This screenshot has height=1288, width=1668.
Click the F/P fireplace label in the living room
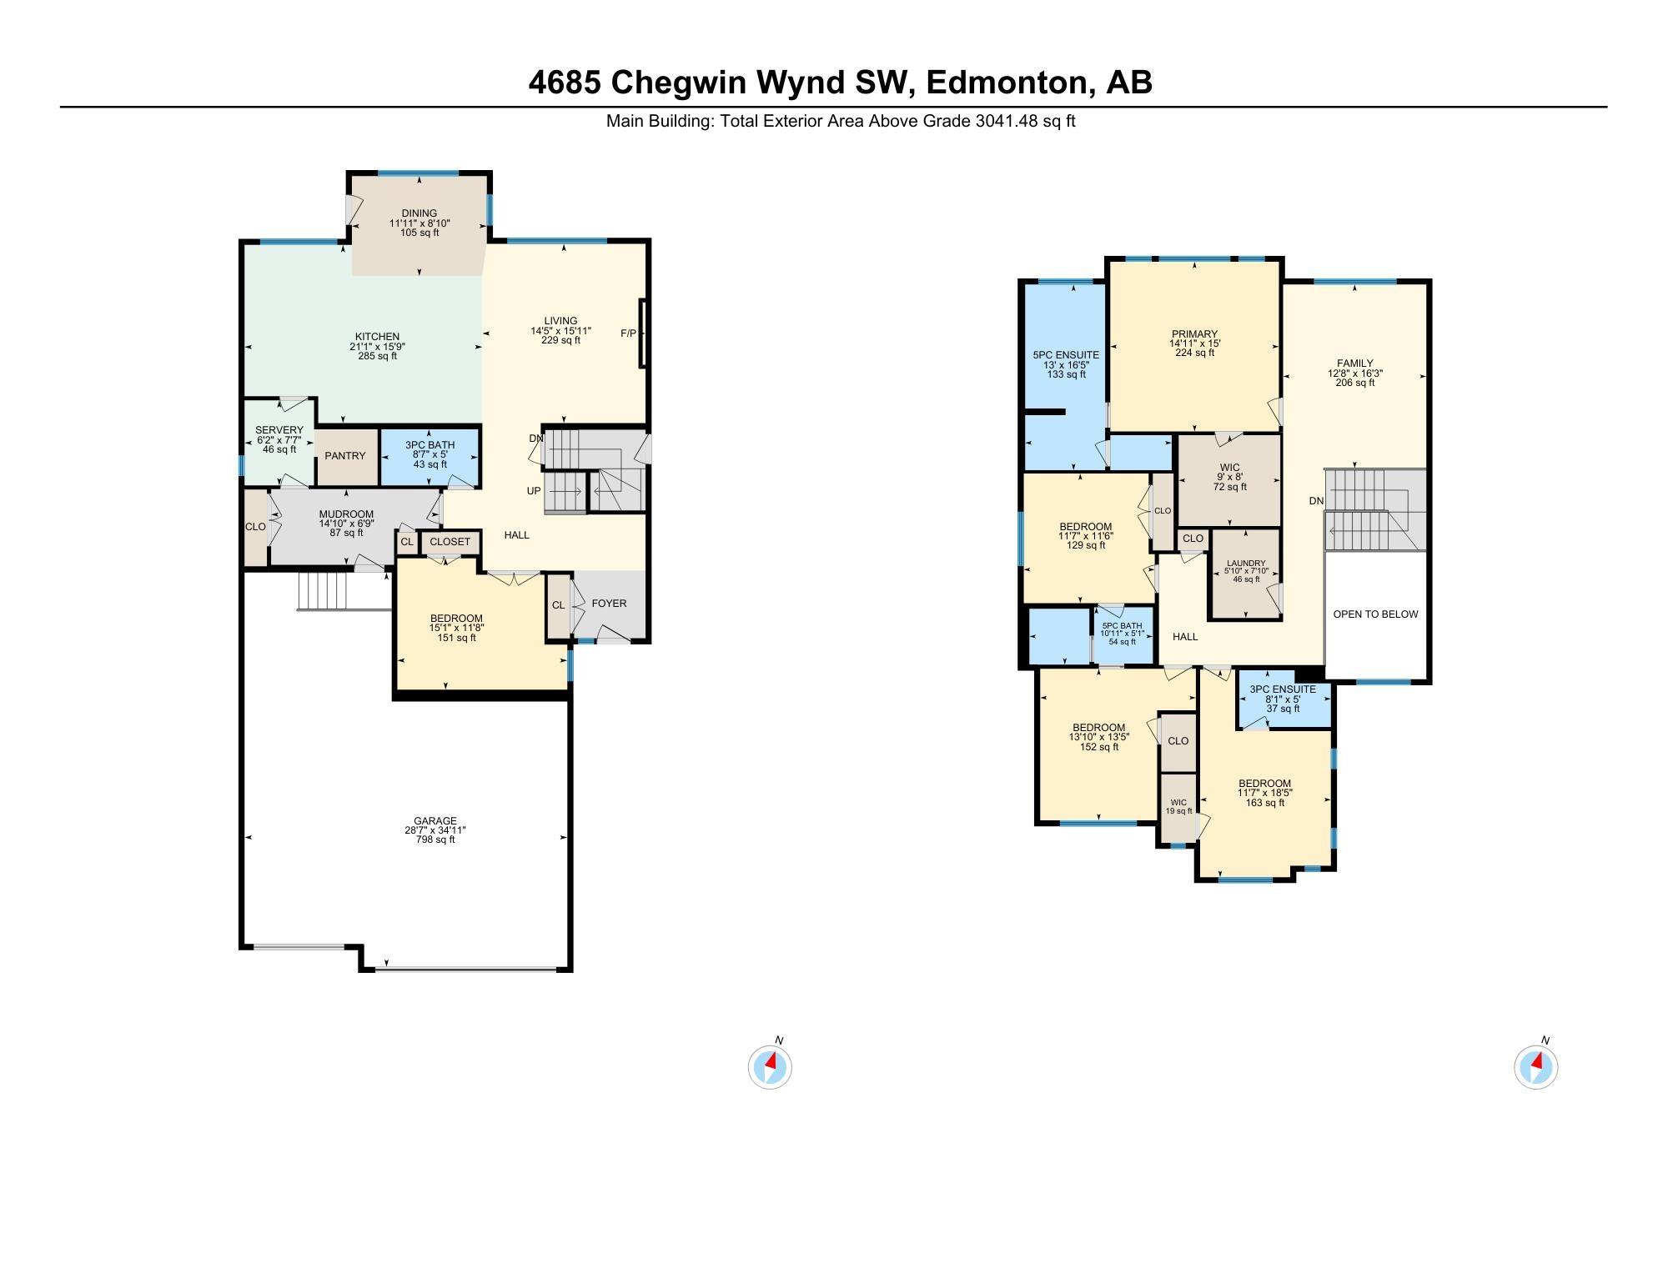(x=628, y=333)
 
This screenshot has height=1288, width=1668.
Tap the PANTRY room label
(x=345, y=456)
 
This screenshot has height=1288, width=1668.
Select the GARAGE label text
(x=435, y=821)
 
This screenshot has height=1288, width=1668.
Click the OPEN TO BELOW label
(x=1375, y=614)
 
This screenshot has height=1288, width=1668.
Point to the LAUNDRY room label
(x=1246, y=564)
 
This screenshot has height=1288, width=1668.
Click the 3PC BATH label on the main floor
(x=430, y=445)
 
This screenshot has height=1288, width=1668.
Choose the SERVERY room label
(x=279, y=430)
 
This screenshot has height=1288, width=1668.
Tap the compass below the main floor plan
(x=770, y=1067)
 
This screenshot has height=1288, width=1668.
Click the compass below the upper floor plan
(x=1535, y=1067)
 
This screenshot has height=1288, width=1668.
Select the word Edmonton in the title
(x=1007, y=83)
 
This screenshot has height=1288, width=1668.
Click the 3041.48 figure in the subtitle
(x=1007, y=121)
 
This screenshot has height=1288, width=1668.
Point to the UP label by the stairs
(x=534, y=491)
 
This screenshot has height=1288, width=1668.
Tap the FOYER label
(x=609, y=604)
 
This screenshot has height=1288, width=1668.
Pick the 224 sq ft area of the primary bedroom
(x=1194, y=353)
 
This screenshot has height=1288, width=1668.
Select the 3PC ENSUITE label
(x=1283, y=689)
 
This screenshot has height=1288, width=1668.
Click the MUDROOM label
(x=346, y=514)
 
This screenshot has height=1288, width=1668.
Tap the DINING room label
(x=419, y=213)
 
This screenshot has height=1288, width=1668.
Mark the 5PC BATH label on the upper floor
(x=1122, y=626)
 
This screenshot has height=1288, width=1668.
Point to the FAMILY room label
(x=1354, y=363)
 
